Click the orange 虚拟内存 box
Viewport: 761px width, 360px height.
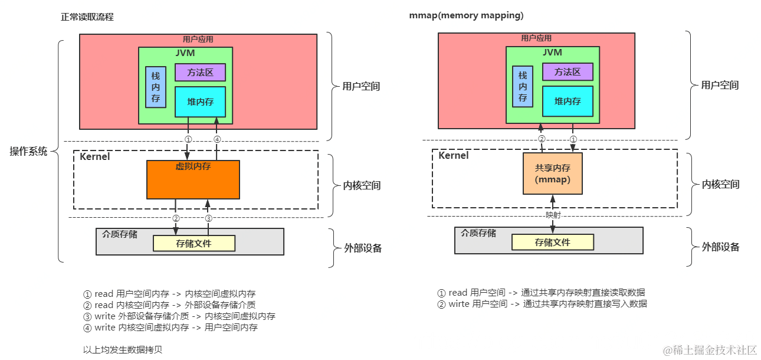click(x=193, y=179)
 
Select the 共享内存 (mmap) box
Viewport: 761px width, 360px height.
click(x=552, y=174)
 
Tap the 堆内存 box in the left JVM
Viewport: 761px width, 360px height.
click(x=200, y=102)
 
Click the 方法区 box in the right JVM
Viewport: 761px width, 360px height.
click(x=567, y=72)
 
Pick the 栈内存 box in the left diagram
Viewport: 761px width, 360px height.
click(x=156, y=87)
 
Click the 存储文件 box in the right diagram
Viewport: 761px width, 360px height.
click(x=552, y=242)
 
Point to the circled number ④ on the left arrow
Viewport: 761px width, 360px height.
click(x=217, y=140)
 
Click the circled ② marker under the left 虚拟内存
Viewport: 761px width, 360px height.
click(x=176, y=218)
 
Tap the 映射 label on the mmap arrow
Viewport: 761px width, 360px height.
click(x=553, y=215)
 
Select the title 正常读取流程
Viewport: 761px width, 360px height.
click(x=87, y=17)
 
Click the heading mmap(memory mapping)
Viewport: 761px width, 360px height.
click(x=466, y=16)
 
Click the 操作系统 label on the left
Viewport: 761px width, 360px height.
click(x=28, y=150)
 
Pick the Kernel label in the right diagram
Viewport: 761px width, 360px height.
click(x=453, y=156)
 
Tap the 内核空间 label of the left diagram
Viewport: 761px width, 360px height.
click(x=361, y=185)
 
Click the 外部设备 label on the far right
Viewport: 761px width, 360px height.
click(x=720, y=247)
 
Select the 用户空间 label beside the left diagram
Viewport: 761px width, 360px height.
click(x=361, y=86)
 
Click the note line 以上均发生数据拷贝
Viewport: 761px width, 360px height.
click(x=122, y=349)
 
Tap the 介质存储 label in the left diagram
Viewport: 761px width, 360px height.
click(x=120, y=234)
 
